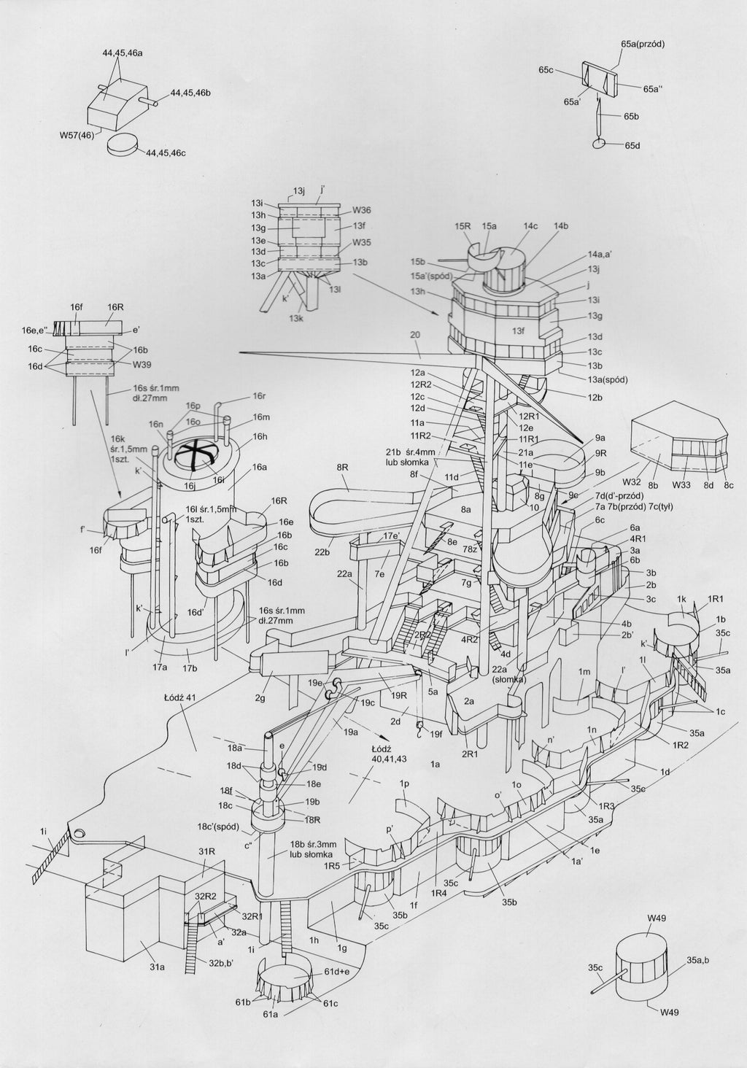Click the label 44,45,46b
click(190, 93)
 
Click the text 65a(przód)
click(643, 44)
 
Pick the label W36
click(363, 209)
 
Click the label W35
click(363, 242)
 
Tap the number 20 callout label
click(416, 334)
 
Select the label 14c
click(530, 226)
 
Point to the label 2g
click(259, 699)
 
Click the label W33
click(682, 484)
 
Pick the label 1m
click(584, 672)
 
